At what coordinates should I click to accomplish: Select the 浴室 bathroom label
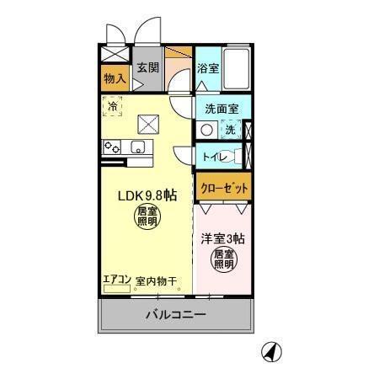click(x=208, y=69)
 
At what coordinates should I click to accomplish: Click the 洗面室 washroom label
click(x=222, y=109)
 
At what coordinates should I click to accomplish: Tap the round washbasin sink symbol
click(x=206, y=130)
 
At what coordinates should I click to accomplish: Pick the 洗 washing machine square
click(x=230, y=130)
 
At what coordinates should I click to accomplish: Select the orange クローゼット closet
click(x=223, y=188)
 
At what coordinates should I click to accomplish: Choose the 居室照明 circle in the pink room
click(x=222, y=259)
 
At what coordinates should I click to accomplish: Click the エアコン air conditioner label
click(x=116, y=280)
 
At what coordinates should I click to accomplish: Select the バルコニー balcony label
click(x=175, y=316)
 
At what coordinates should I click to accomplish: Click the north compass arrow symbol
click(x=271, y=351)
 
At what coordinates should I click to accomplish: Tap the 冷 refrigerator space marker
click(x=113, y=108)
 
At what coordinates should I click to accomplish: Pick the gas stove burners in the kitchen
click(x=112, y=147)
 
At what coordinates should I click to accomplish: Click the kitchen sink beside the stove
click(x=138, y=148)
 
